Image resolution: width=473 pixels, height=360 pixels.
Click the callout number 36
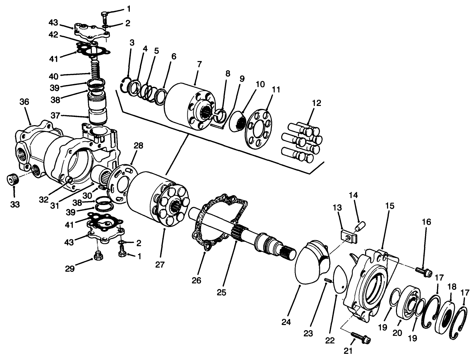[24, 102]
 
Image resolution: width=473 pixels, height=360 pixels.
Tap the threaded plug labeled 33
[13, 179]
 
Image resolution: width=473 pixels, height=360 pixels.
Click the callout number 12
[316, 103]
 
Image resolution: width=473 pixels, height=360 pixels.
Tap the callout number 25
[222, 292]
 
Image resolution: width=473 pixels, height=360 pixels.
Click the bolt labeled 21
[361, 337]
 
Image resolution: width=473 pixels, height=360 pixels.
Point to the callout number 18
[451, 287]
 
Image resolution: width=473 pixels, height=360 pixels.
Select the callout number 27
[160, 264]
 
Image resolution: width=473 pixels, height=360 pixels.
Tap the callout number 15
[389, 206]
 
